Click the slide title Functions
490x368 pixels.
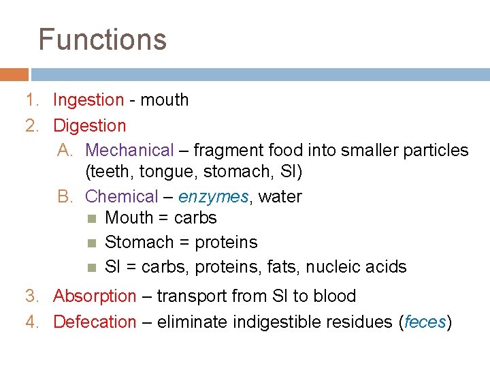[x=102, y=40]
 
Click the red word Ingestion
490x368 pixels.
[x=88, y=100]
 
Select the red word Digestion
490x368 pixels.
[x=89, y=126]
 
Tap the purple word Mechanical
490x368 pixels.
[x=130, y=150]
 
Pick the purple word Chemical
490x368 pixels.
[x=122, y=197]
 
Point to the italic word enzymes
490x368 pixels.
[x=214, y=197]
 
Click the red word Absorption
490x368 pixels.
[x=95, y=296]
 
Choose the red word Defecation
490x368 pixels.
[x=95, y=322]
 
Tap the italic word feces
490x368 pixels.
[x=425, y=322]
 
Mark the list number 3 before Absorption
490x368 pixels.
[x=31, y=296]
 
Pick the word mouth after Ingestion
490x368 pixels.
[x=164, y=100]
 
